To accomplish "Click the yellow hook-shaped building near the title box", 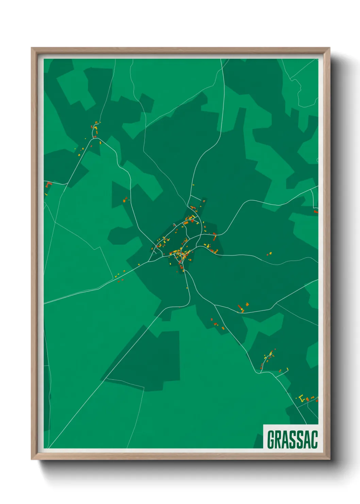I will pos(301,397).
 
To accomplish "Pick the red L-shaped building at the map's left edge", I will pos(48,184).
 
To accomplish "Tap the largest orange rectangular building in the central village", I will pos(186,223).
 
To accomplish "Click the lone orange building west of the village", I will pos(125,201).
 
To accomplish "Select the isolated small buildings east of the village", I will pos(270,253).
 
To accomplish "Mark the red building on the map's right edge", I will pos(315,211).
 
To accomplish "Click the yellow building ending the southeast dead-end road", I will pos(288,369).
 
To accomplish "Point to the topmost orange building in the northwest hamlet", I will pos(96,122).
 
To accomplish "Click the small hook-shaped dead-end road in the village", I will pos(174,225).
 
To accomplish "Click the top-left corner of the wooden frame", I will pos(32,48).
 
